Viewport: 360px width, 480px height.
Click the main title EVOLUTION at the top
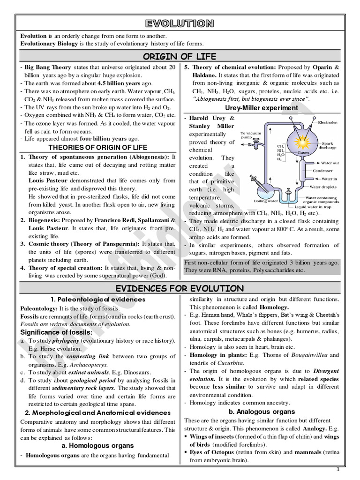[180, 23]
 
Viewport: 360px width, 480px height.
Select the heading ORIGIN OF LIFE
[180, 57]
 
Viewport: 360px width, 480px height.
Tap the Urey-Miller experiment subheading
[261, 108]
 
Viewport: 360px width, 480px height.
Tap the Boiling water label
[266, 201]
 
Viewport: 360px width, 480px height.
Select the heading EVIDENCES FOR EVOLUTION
[180, 288]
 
